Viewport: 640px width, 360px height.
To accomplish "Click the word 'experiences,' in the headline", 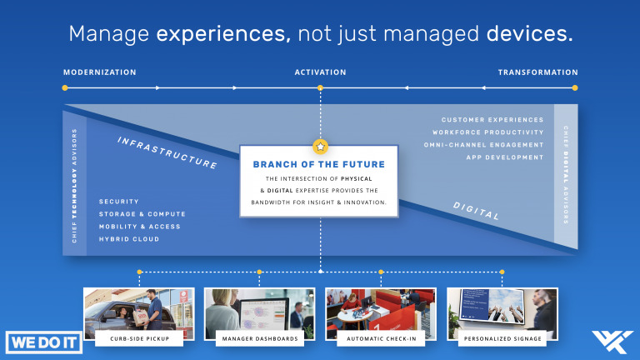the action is point(223,33).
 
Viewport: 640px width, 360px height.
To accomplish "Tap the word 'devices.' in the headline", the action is point(529,33).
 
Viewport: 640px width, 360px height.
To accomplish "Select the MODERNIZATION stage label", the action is point(100,72).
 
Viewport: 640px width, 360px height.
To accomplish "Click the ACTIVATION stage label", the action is point(320,72).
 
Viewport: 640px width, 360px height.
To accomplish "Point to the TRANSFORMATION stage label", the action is point(538,72).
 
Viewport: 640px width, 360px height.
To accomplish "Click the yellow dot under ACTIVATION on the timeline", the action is point(320,87).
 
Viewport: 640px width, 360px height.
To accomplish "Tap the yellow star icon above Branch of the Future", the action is point(320,147).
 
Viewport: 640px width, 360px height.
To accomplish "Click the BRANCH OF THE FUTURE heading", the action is point(319,164).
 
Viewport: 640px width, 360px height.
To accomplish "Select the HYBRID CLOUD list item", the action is point(129,239).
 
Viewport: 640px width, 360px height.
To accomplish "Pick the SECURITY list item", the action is point(119,202).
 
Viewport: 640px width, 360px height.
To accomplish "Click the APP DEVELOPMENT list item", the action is point(505,157).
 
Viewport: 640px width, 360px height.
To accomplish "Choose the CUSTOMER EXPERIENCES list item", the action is point(492,120).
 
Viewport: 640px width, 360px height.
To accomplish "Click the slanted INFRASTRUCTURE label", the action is point(167,153).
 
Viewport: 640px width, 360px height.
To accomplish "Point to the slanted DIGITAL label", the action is point(476,211).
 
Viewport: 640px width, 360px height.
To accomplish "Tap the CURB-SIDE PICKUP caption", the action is point(140,339).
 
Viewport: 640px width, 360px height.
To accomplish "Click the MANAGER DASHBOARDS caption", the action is point(260,339).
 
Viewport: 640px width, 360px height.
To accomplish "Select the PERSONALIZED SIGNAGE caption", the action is point(502,339).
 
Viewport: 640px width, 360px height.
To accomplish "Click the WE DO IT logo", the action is point(44,342).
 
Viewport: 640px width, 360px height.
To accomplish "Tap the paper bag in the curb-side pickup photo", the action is point(140,317).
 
